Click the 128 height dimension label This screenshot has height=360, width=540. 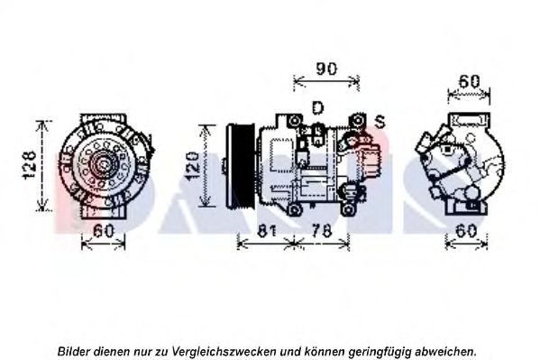(x=29, y=163)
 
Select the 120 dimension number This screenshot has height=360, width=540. (x=190, y=166)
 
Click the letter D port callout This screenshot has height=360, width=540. (x=316, y=108)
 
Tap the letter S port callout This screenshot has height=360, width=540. (x=380, y=120)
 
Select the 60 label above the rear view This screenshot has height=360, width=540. (x=468, y=81)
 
